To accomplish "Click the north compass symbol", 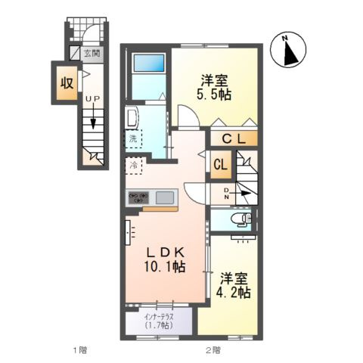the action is (x=288, y=49).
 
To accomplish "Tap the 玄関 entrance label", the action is (x=92, y=53).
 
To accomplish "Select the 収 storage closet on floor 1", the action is (x=67, y=83).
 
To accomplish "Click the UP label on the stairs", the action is (x=93, y=99).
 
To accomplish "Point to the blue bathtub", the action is (x=149, y=63).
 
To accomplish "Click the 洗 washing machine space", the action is (x=134, y=138).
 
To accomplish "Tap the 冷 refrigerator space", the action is (x=134, y=166).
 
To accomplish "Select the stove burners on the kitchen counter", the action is (x=138, y=197).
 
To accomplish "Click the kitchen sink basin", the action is (x=165, y=197).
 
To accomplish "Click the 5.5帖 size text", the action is (x=214, y=95).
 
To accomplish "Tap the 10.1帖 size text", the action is (x=165, y=266).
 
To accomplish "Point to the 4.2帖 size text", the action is (x=234, y=293).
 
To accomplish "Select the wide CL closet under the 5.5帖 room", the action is (x=234, y=138).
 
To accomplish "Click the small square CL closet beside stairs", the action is (x=221, y=165).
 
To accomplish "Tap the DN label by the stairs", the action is (x=226, y=194).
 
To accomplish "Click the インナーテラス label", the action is (x=159, y=316).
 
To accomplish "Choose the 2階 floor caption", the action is (x=213, y=350).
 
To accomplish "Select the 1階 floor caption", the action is (x=80, y=350).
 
